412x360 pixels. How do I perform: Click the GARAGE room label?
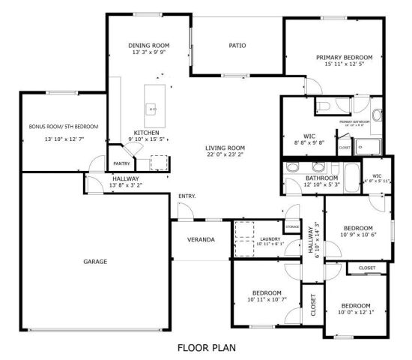pos(95,262)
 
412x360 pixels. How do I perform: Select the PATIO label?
pos(237,46)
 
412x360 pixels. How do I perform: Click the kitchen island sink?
pos(153,109)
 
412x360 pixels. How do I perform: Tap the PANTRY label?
pos(121,163)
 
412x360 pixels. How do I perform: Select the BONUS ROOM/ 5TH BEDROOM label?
pos(64,127)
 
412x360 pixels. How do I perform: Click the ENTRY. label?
pos(187,196)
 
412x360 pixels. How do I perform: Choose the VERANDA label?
pos(201,240)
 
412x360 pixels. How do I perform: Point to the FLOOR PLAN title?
pos(206,347)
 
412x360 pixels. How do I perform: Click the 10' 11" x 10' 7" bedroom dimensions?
pos(266,301)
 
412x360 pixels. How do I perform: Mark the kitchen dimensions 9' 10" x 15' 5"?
pos(148,139)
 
